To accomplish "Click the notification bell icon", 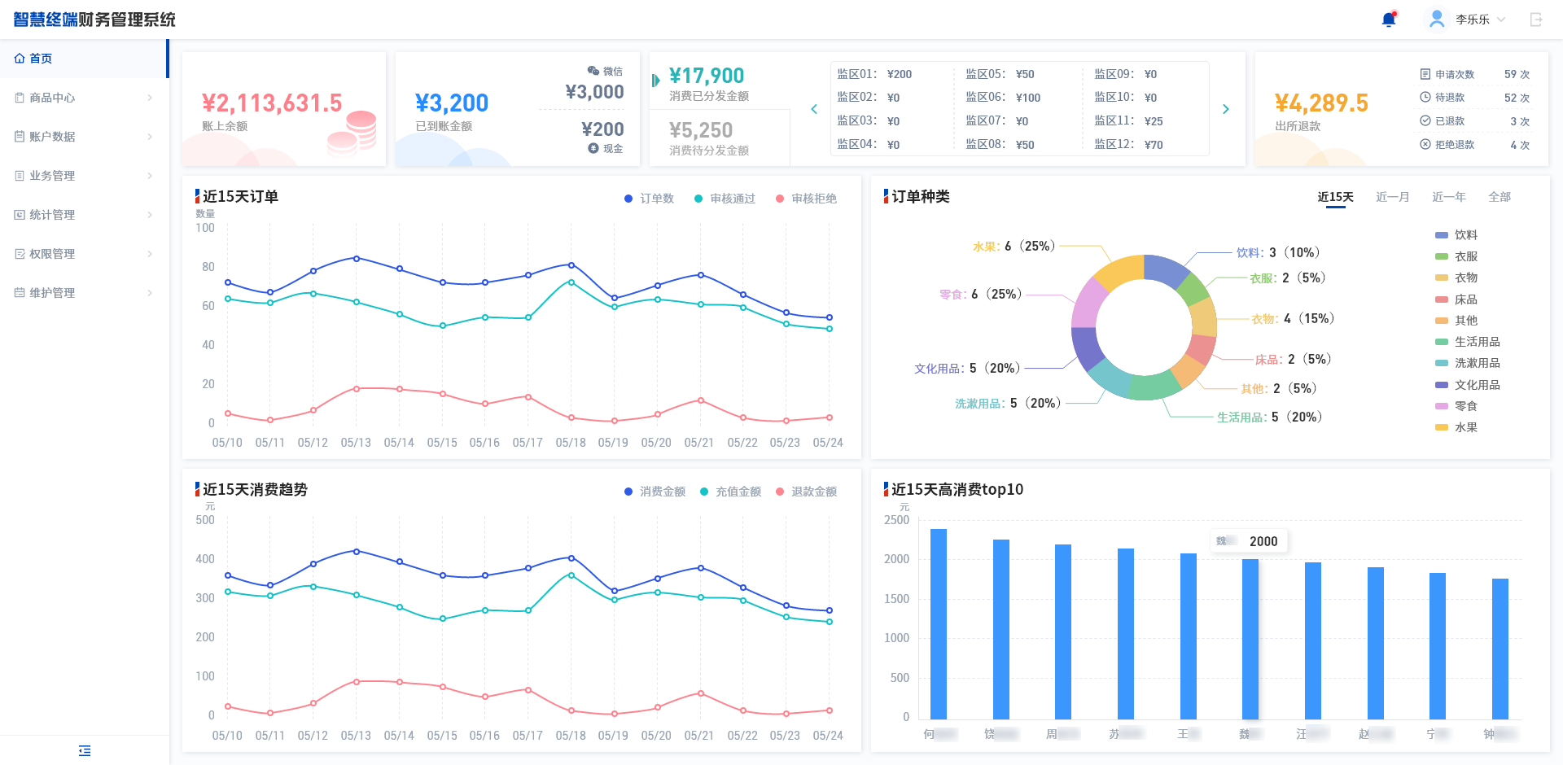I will (1389, 20).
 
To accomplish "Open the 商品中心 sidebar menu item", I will (52, 98).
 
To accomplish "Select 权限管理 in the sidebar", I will (52, 254).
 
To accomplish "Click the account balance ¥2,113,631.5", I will (272, 103).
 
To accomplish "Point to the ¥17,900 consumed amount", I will (706, 76).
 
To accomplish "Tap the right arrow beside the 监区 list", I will (1226, 109).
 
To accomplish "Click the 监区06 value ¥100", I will (1028, 98).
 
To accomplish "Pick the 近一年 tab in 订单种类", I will (1448, 197).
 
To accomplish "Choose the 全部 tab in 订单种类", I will (1499, 197).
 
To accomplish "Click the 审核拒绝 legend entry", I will (813, 199).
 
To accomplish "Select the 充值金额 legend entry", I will (738, 492).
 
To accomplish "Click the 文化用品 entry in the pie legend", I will (1477, 385).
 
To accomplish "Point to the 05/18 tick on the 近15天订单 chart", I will (571, 443).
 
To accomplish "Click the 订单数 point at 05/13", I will (356, 258).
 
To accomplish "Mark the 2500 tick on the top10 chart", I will (896, 520).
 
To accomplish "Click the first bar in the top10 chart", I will (939, 623).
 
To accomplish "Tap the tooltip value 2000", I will (1263, 541).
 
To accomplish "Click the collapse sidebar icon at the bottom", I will (85, 750).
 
